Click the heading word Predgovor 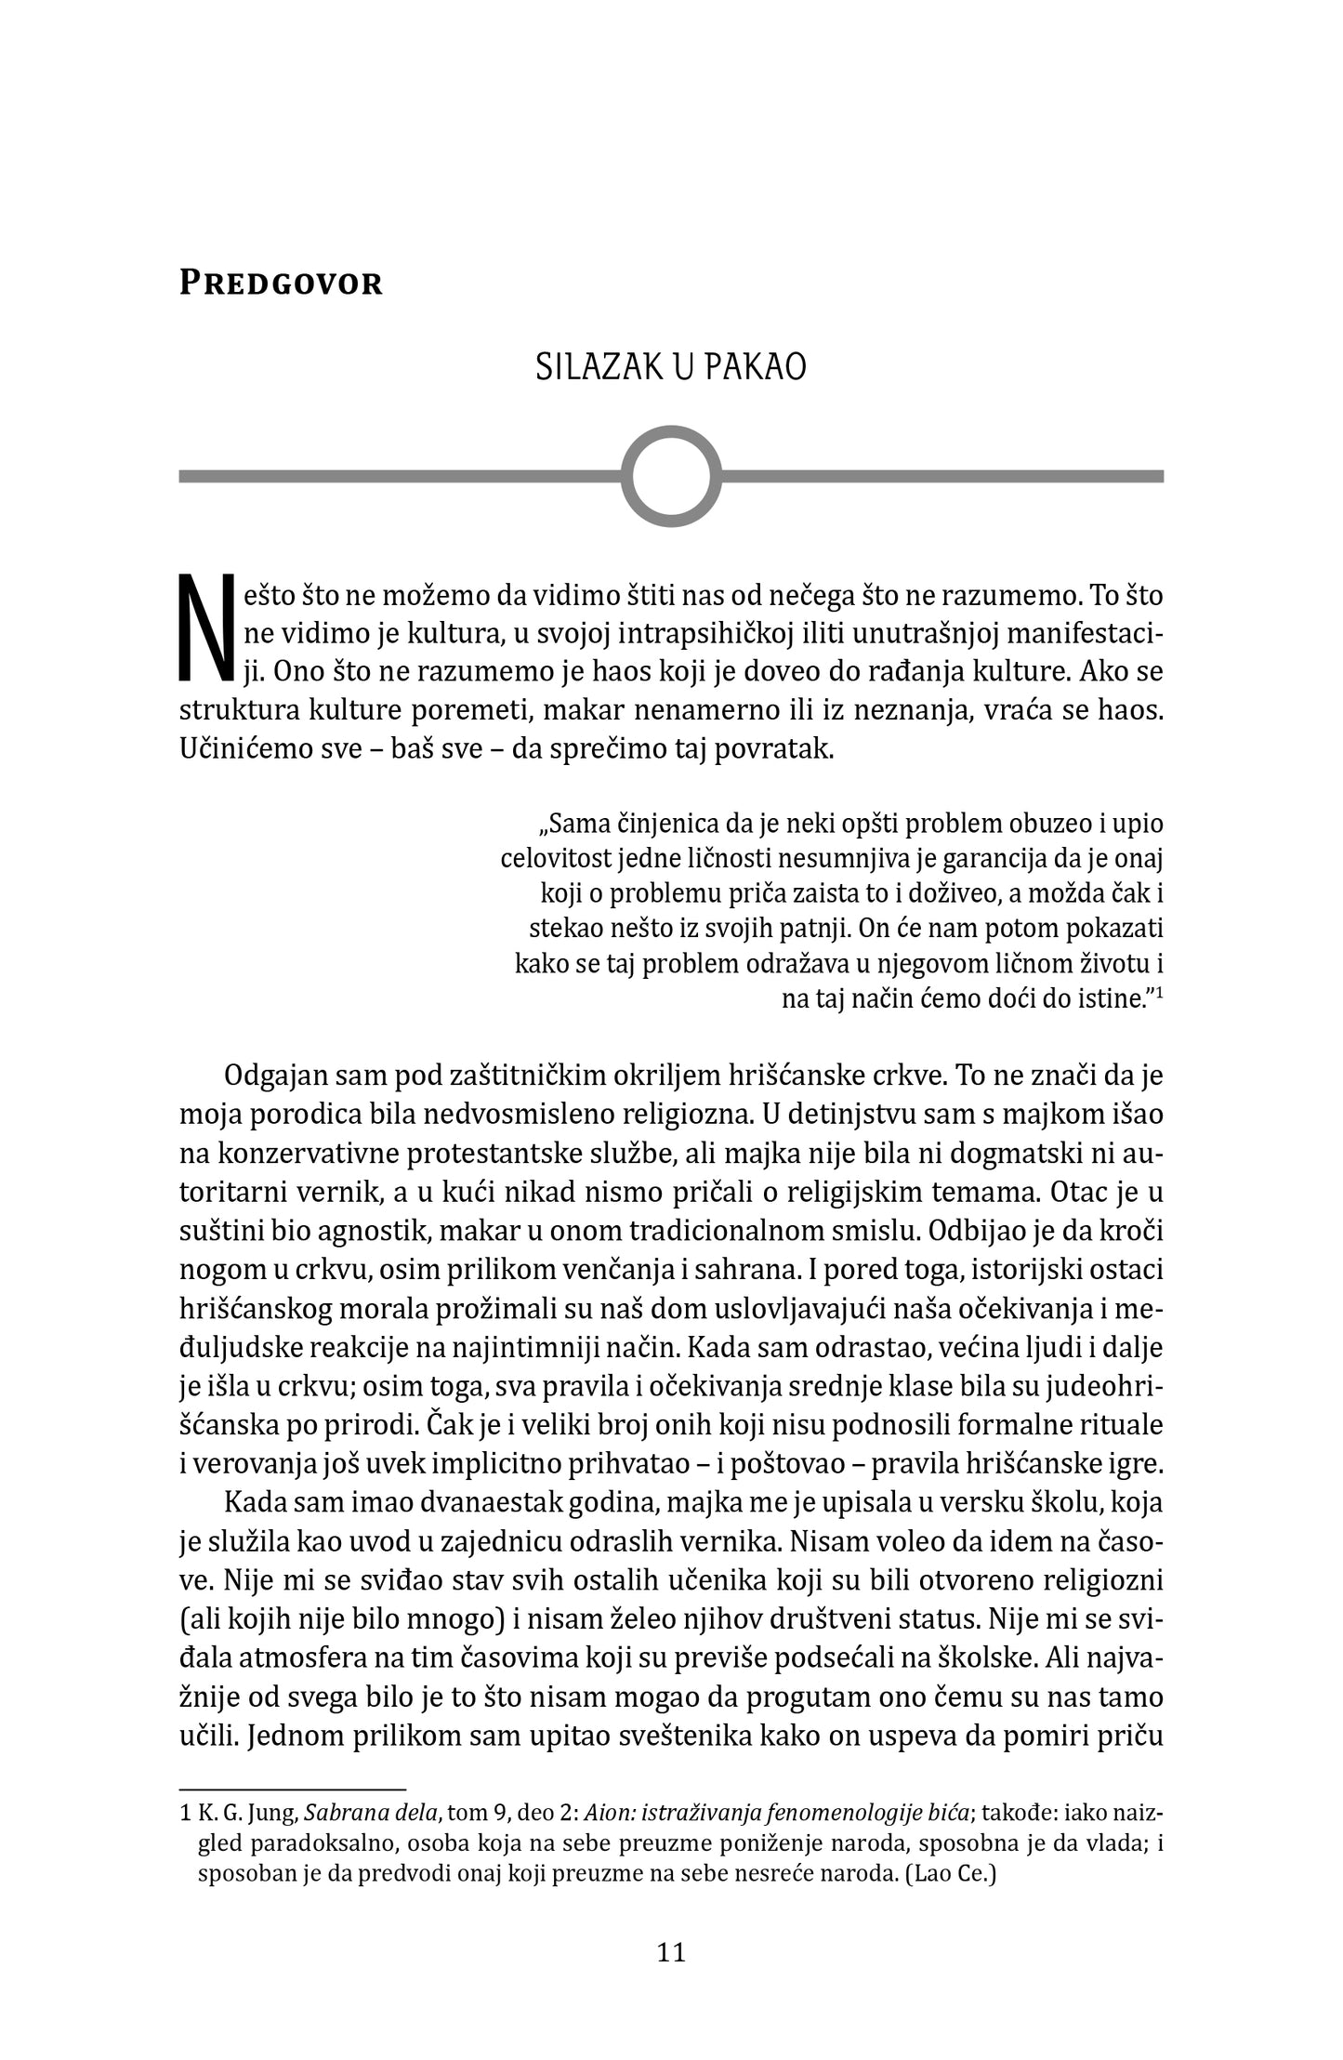click(281, 283)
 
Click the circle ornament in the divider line click(671, 476)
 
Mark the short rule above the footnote click(293, 1788)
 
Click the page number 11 click(671, 1951)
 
